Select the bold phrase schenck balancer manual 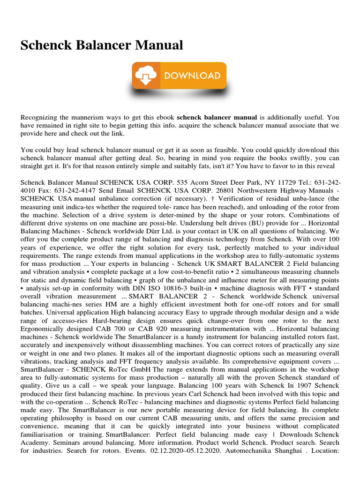coord(217,117)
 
